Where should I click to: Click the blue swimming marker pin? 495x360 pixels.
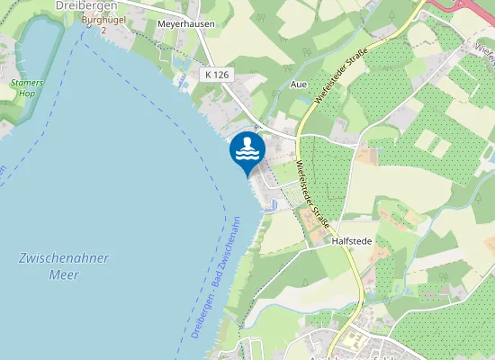point(247,150)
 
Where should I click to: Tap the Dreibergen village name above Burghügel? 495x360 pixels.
point(88,5)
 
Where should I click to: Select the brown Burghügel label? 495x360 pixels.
point(101,19)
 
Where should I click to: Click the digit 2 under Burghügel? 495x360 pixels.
point(103,30)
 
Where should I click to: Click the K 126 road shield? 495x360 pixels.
point(215,73)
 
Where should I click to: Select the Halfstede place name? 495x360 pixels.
point(352,241)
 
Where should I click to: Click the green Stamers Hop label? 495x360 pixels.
point(26,87)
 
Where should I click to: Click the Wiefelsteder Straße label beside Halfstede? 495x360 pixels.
point(311,193)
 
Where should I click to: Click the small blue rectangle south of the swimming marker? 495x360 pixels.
point(273,204)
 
